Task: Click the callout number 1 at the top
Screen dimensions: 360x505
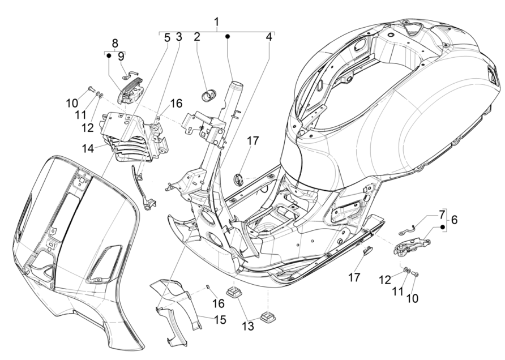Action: click(216, 22)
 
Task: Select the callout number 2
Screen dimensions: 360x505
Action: click(196, 38)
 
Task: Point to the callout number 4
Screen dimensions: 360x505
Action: click(268, 38)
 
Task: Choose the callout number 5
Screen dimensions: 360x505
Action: click(166, 38)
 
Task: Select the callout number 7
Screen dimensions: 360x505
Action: click(441, 215)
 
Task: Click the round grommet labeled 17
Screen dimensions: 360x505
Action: click(239, 179)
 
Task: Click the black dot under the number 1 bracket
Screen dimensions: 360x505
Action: click(228, 36)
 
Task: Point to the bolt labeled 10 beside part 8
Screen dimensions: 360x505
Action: click(91, 90)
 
